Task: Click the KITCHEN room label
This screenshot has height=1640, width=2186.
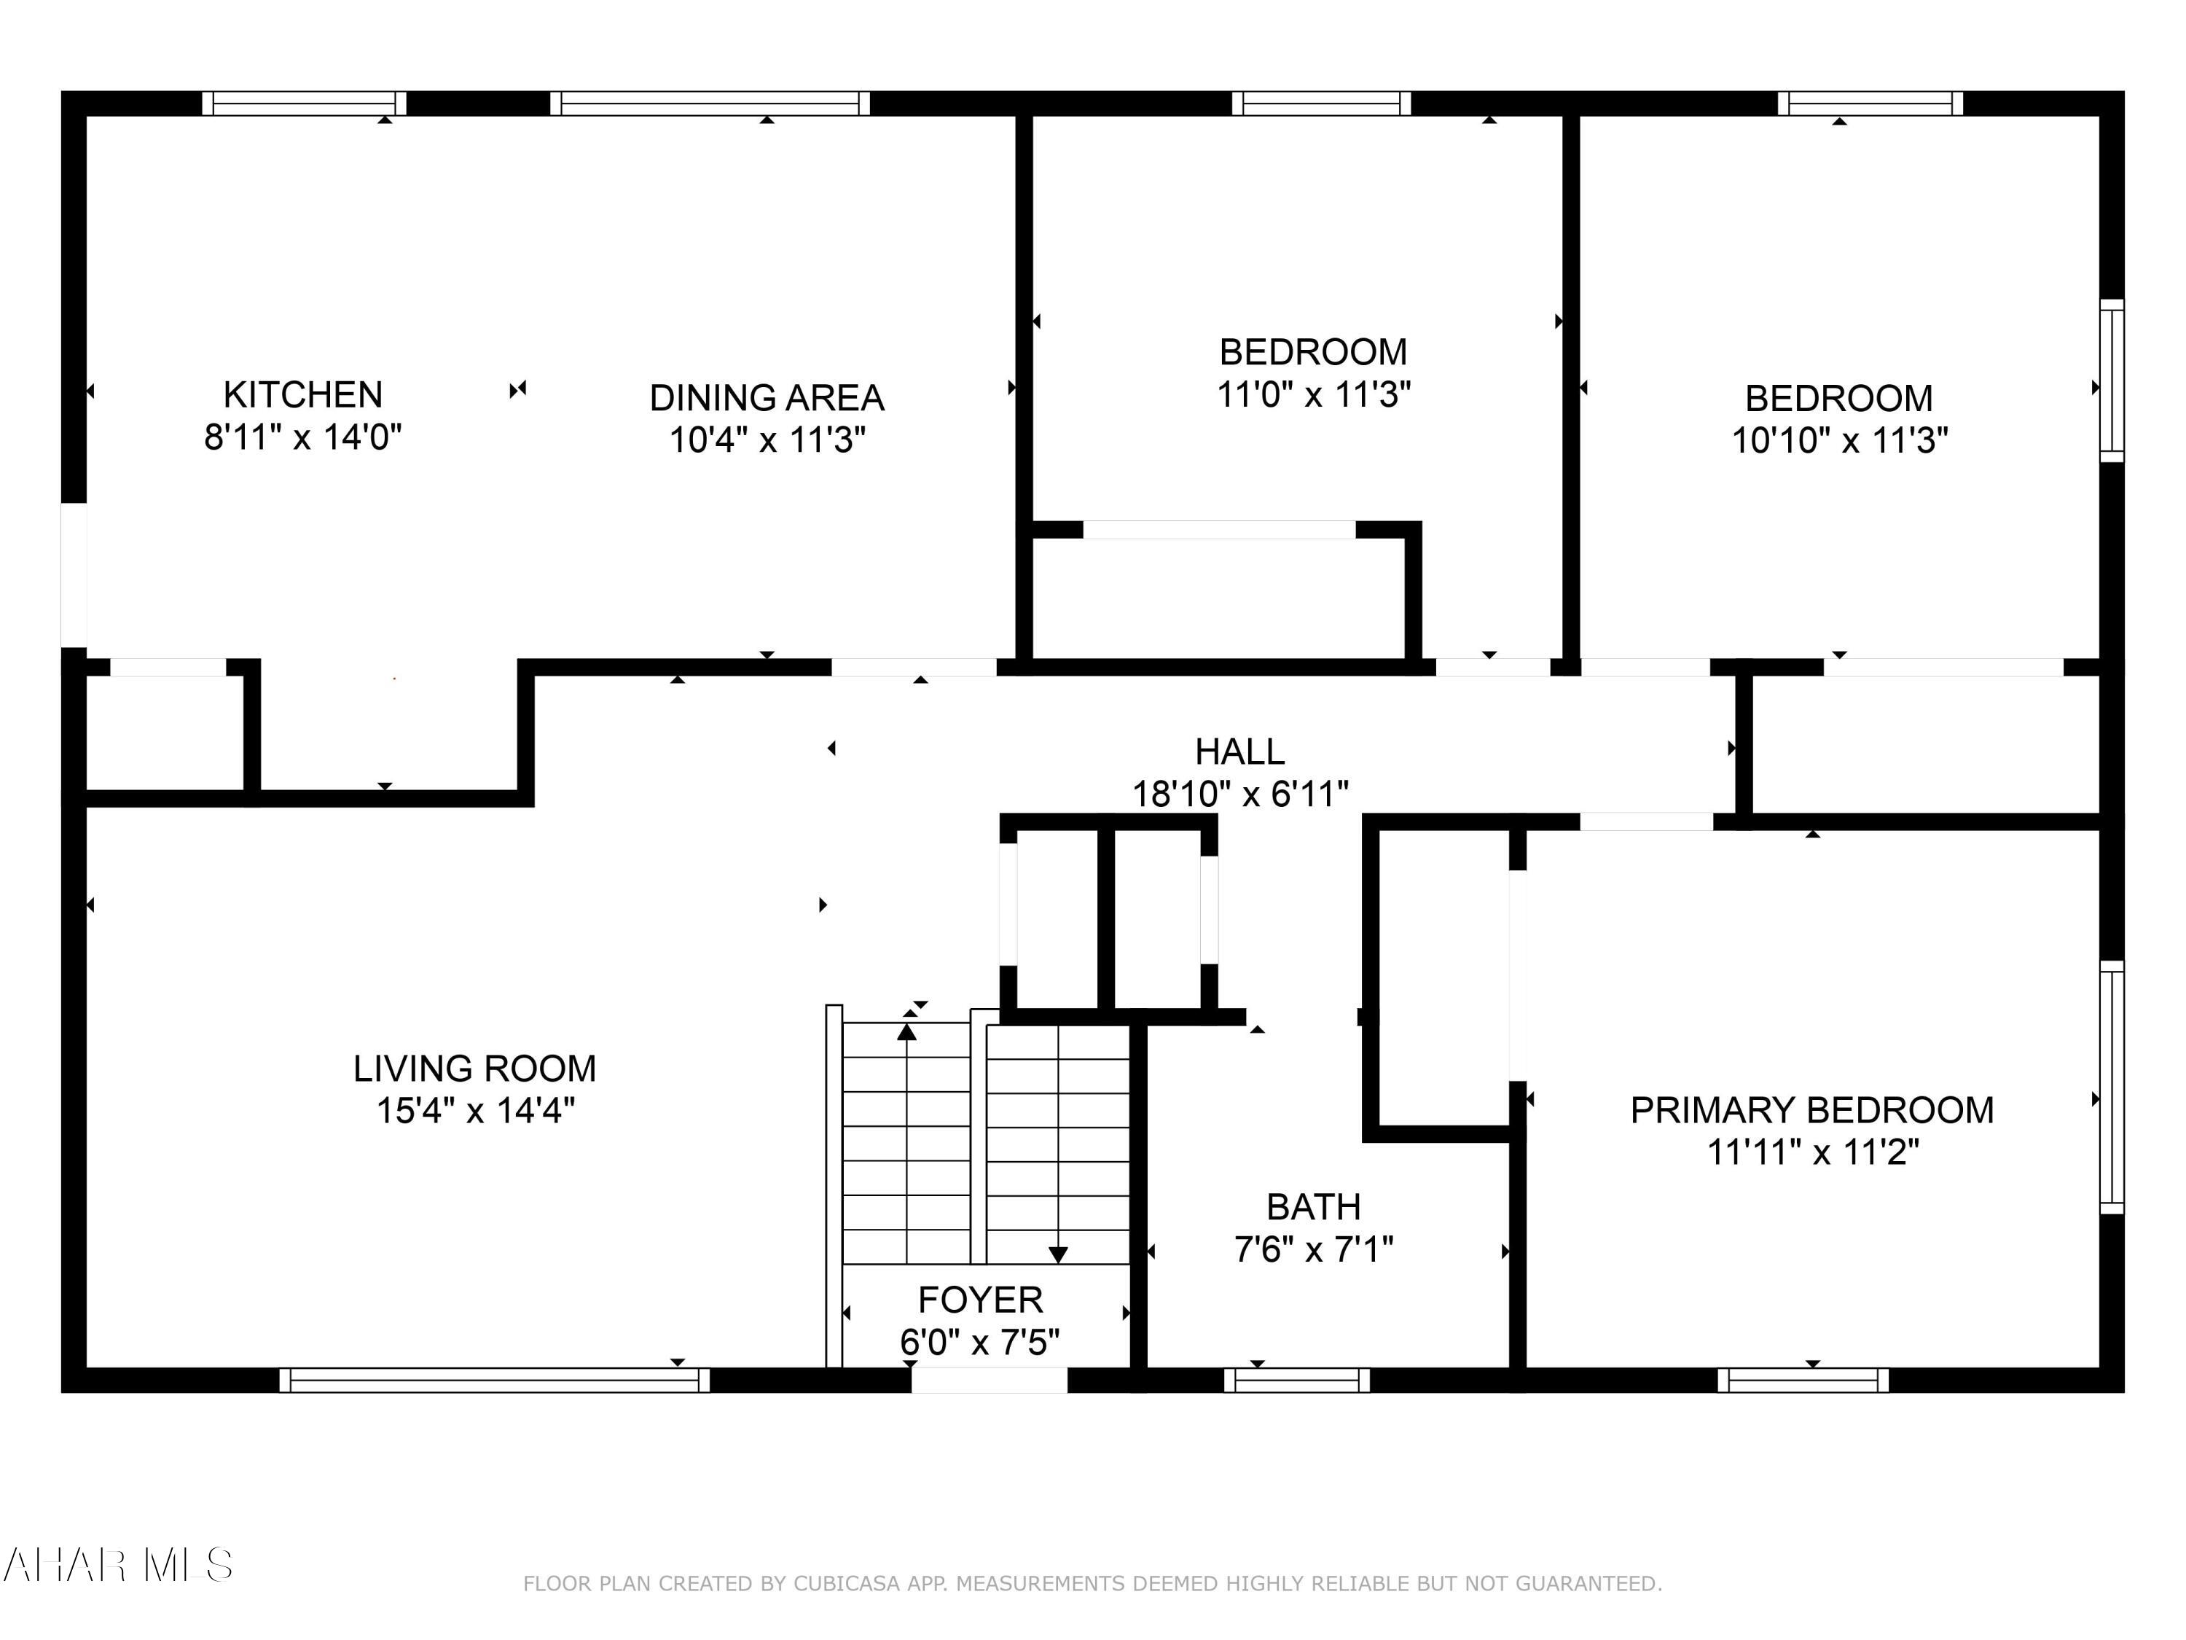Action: [302, 394]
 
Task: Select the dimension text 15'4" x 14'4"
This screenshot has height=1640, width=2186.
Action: [475, 1110]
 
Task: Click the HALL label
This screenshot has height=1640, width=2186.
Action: [1239, 751]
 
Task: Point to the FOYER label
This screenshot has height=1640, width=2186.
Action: [979, 1299]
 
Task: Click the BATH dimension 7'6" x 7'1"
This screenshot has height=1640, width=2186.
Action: [1313, 1249]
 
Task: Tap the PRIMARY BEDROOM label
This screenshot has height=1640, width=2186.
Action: [1811, 1109]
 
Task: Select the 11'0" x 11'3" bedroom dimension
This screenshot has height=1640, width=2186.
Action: [1313, 394]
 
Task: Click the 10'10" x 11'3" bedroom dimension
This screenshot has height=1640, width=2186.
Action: [1839, 440]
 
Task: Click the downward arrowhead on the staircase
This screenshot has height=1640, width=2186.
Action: [1059, 1254]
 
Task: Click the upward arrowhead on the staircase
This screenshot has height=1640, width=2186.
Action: [906, 1032]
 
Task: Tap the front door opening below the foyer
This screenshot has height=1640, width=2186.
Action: [988, 1380]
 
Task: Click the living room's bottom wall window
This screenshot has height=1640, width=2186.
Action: [494, 1380]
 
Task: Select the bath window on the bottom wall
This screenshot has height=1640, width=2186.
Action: [1296, 1380]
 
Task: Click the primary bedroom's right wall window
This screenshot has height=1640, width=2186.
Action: [2111, 1087]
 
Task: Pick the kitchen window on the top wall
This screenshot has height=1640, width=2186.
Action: [305, 104]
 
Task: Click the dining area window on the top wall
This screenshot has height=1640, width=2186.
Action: [710, 104]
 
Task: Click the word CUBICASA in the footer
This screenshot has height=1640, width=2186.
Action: [847, 1584]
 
